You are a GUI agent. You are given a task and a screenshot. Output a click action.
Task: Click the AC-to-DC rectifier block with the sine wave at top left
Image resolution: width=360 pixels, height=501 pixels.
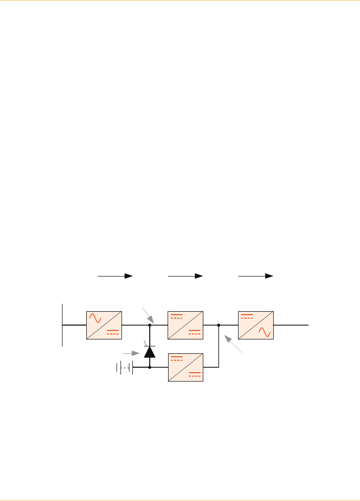(104, 325)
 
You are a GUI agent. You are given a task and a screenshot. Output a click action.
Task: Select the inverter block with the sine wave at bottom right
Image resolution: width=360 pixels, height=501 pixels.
(255, 325)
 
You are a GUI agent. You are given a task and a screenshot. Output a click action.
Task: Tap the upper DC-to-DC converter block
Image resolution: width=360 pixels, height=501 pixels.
(185, 325)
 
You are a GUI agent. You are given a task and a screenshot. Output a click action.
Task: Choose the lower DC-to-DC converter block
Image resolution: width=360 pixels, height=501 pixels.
(185, 367)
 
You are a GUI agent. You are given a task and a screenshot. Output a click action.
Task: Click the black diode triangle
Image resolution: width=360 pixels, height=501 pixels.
(149, 352)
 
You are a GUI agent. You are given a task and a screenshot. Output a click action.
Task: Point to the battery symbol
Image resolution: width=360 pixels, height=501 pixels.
(124, 367)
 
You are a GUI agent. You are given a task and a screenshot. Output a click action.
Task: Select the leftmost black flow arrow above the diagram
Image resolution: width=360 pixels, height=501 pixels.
(116, 276)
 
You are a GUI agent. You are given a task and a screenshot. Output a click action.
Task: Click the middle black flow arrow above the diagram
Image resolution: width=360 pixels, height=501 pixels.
(186, 276)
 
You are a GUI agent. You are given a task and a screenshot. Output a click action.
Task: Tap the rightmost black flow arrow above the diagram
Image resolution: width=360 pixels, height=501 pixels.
(256, 276)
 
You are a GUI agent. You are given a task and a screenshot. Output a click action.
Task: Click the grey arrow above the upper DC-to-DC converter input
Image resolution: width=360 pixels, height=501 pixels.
(148, 315)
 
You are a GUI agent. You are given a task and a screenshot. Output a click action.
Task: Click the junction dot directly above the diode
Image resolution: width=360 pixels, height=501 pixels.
(149, 326)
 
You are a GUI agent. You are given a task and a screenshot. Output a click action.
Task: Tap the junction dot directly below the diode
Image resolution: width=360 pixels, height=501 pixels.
(149, 367)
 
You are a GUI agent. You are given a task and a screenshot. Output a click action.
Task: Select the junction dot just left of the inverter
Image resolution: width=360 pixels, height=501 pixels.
(219, 326)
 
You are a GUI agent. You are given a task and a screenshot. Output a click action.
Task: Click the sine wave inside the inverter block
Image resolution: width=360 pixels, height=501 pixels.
(265, 332)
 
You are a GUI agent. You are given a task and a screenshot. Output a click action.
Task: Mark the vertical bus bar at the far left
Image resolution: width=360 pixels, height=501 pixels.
(62, 324)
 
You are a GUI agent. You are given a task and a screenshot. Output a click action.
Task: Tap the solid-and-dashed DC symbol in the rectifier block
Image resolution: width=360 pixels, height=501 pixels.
(113, 332)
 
